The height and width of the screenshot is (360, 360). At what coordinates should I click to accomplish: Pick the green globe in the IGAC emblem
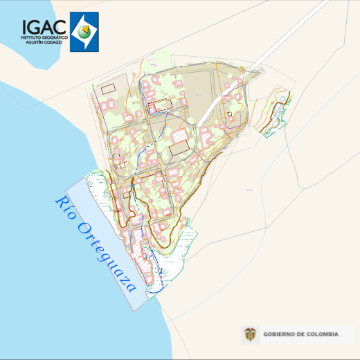click(84, 31)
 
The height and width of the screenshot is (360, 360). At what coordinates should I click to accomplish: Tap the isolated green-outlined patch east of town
click(277, 118)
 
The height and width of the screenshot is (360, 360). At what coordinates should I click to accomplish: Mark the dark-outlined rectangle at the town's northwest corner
click(107, 89)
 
